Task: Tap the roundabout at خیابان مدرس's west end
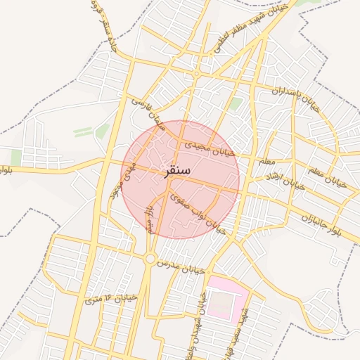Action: pyautogui.click(x=150, y=259)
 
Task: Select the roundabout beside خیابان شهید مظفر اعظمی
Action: pyautogui.click(x=197, y=73)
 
